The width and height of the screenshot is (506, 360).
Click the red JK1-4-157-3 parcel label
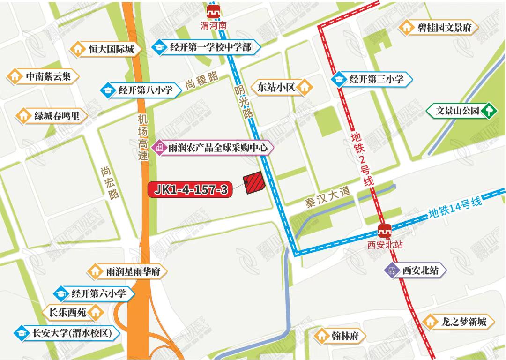(x=190, y=189)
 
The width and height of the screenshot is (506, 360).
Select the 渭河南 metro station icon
(x=216, y=12)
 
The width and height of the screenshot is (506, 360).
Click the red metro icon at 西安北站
(x=385, y=231)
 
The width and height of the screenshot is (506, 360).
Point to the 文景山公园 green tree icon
(x=490, y=111)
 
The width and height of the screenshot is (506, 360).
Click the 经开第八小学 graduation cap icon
(x=108, y=90)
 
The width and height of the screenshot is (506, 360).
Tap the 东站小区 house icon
(x=305, y=87)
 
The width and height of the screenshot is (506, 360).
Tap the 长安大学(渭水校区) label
(x=70, y=333)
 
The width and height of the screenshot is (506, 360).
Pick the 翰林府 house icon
(x=321, y=336)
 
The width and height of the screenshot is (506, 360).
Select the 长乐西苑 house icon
(x=97, y=311)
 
